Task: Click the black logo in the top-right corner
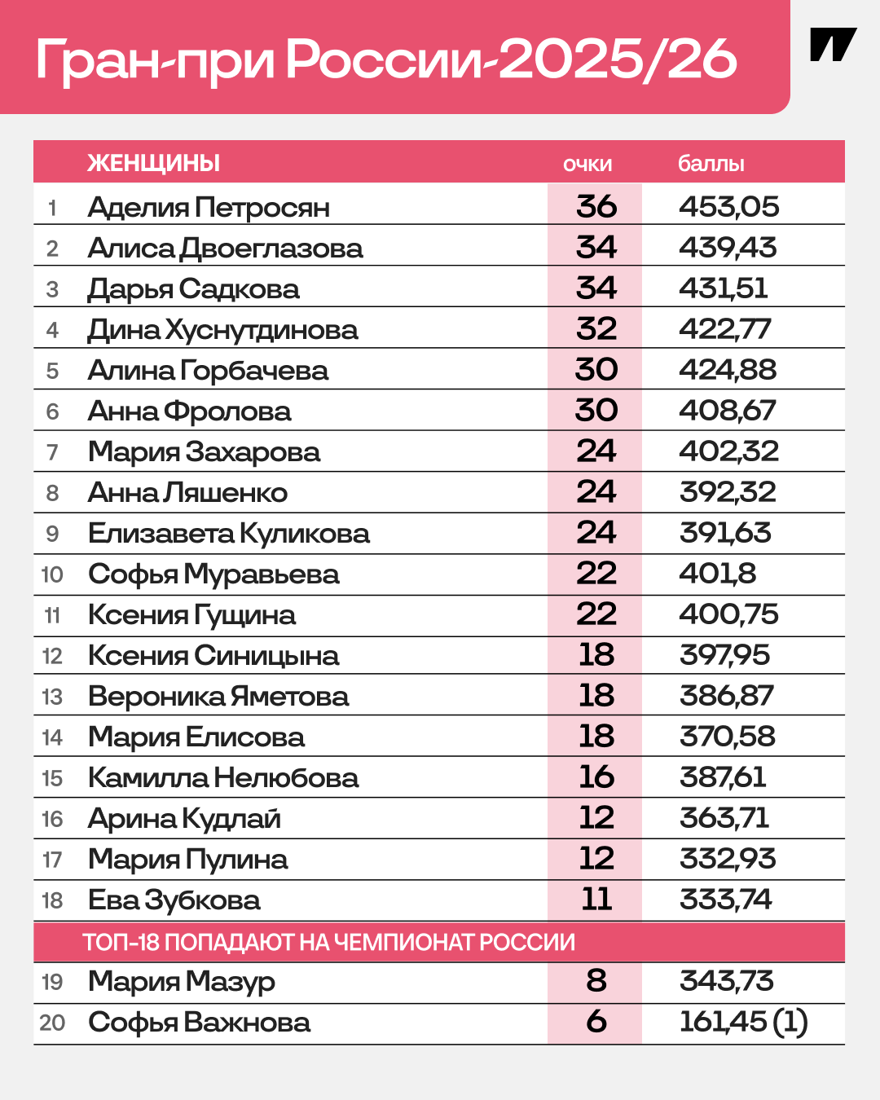(833, 46)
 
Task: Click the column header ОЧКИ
(587, 164)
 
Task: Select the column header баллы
(711, 164)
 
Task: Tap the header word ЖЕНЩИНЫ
(154, 163)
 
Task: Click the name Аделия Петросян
(209, 208)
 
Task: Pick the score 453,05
(729, 207)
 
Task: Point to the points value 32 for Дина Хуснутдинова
(596, 329)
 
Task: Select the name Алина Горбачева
(208, 371)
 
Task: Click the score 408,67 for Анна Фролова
(728, 411)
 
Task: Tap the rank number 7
(53, 452)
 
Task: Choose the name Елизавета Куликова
(229, 534)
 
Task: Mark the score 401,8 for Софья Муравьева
(718, 574)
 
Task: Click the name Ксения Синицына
(213, 656)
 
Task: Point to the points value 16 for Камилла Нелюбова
(596, 777)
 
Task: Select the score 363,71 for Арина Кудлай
(724, 818)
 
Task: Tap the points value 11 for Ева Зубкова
(596, 900)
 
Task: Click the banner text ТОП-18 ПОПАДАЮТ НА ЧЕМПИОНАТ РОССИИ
(329, 943)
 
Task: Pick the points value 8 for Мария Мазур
(596, 981)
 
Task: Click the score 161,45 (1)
(743, 1022)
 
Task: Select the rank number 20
(52, 1023)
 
